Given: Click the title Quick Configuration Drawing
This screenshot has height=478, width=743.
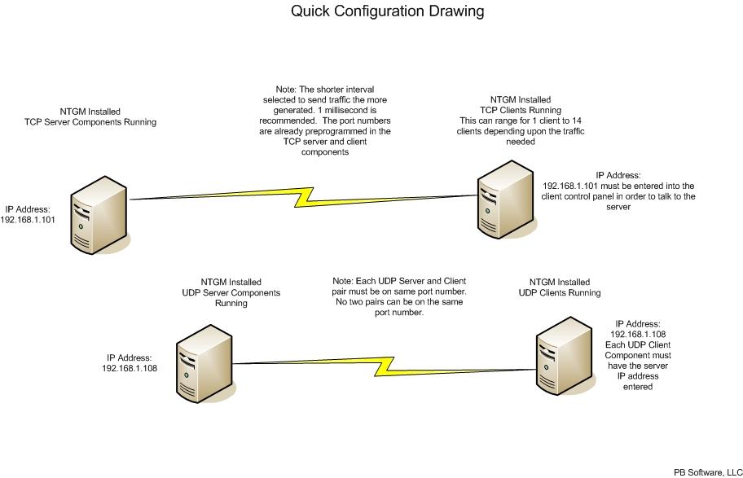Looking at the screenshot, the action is click(387, 11).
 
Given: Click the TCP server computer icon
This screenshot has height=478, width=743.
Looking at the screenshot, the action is click(99, 215).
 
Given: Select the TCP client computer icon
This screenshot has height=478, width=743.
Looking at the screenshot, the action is click(506, 200).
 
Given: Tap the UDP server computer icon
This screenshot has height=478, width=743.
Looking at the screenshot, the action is click(204, 364).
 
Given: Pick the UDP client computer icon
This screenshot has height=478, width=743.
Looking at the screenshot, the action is click(565, 356).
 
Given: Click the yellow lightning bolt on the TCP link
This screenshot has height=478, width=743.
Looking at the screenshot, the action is click(304, 198).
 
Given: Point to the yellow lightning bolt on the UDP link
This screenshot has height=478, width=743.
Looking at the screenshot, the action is click(385, 366).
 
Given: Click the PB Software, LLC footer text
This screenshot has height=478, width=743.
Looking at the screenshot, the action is click(708, 472).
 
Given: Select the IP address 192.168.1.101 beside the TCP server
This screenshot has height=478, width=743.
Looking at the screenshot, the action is click(28, 220).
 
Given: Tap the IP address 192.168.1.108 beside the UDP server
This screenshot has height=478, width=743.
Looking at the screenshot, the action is click(130, 368).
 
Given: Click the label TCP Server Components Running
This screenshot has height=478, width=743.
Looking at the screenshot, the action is click(90, 122).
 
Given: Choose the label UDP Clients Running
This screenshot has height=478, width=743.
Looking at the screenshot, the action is click(560, 293).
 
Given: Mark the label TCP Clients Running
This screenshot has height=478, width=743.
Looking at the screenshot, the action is click(521, 110).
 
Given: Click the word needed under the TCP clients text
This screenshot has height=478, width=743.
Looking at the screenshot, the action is click(521, 141).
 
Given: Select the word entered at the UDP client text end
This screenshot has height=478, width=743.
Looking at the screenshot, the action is click(638, 387).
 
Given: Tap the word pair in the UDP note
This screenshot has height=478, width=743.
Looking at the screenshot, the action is click(340, 292).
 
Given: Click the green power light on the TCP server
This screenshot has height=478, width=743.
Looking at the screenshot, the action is click(81, 226).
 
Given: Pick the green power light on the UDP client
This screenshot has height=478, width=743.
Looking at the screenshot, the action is click(547, 367).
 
